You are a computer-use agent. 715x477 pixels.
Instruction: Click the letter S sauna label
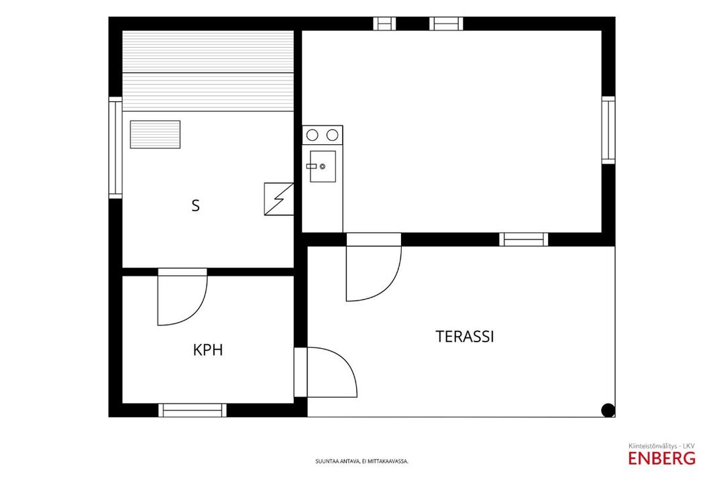coord(196,206)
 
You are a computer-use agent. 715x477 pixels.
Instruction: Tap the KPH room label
coord(208,350)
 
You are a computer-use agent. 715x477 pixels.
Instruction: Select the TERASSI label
coord(465,337)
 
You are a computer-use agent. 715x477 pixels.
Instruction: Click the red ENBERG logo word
coord(661,458)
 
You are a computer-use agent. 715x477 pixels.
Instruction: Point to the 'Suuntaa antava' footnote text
coord(362,461)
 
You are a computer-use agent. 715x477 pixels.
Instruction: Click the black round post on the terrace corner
coord(608,410)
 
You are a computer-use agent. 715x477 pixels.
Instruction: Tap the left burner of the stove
coord(313,135)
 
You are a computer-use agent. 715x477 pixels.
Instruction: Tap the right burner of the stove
coord(333,135)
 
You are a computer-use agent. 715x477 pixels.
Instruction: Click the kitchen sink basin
coord(323,166)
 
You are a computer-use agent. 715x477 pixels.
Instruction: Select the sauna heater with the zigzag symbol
coord(278,199)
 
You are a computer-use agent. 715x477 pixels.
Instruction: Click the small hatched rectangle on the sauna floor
coord(155,135)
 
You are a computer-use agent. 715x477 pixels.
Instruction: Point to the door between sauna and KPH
coord(182,297)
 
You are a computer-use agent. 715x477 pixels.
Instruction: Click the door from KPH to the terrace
coord(325,372)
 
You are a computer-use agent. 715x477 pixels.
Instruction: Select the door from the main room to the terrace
coord(374,267)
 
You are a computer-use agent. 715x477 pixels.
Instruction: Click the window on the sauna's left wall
coord(115,148)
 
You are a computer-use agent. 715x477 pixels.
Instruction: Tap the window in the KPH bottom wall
coord(192,410)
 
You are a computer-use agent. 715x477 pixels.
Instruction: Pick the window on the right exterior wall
coord(608,130)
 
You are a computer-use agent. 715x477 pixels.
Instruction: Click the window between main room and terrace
coord(523,240)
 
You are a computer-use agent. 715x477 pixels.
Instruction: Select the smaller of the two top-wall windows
coord(384,23)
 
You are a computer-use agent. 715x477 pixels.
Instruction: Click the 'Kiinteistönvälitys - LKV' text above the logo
coord(661,445)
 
